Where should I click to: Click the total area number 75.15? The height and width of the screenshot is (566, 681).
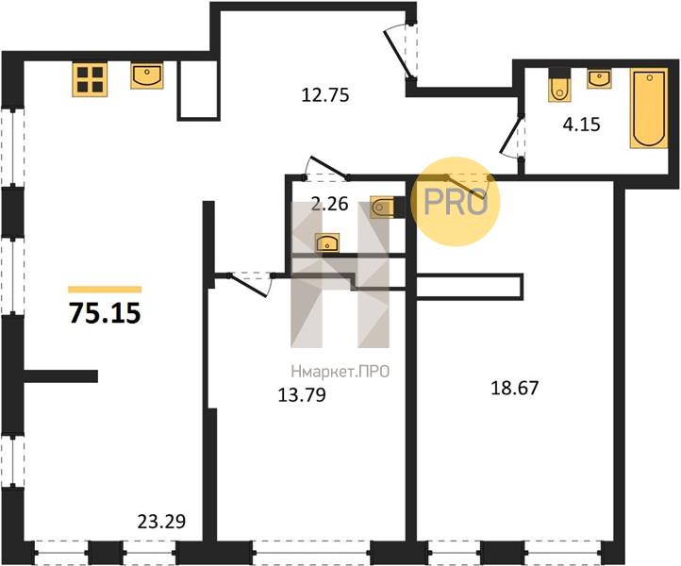pos(105,313)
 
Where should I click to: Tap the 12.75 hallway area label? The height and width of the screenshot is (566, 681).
pos(325,95)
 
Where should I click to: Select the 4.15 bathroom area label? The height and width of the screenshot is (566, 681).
pos(582,125)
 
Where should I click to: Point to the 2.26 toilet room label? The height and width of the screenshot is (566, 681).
pos(330,204)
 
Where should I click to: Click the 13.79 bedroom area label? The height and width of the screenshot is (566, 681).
pos(302,395)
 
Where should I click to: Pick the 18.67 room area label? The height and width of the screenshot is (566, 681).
pos(515,388)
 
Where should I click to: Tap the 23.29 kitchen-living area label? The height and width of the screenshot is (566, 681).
pos(161,522)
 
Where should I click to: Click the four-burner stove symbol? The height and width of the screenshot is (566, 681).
pos(90,79)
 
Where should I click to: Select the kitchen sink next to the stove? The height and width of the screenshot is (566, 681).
pos(147,75)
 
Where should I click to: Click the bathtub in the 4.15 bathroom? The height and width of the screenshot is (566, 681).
pos(649,108)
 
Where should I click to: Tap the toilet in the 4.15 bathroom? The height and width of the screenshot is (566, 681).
pos(559,85)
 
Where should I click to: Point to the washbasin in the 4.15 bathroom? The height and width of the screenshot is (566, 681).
pos(599,78)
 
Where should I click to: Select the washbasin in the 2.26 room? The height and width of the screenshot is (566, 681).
pos(327,242)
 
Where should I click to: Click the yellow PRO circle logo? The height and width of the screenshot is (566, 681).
pos(456,202)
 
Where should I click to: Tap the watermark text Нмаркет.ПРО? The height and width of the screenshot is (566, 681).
pos(340,373)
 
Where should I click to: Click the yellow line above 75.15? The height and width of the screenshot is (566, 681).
pos(105,290)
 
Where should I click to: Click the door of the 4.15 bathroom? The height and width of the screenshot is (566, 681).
pos(512,136)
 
